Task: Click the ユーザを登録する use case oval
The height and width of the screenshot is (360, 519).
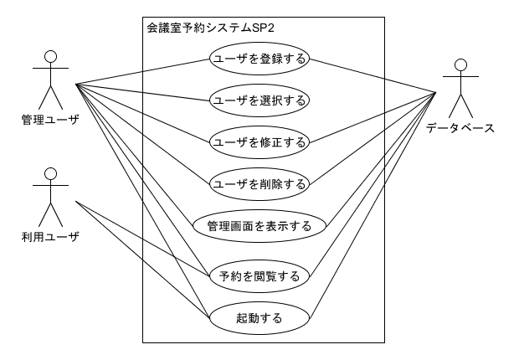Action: [x=259, y=59]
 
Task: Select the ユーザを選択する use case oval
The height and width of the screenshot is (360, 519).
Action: [x=259, y=100]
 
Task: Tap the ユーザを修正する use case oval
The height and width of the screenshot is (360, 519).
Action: [x=259, y=141]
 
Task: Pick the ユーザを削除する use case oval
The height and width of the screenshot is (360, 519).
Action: [x=259, y=182]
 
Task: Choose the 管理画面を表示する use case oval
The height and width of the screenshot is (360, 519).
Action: [x=259, y=225]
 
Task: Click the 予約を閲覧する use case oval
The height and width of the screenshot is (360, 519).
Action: [x=259, y=275]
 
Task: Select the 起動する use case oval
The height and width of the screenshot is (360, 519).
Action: [x=259, y=317]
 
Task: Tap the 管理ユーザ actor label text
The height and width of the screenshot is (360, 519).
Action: [x=50, y=120]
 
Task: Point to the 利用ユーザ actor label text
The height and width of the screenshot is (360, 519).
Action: [x=50, y=237]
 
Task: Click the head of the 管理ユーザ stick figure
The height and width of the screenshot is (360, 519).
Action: [x=50, y=56]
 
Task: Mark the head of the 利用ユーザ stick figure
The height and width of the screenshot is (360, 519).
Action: [x=50, y=174]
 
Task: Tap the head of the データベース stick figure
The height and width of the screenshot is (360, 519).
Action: [x=460, y=65]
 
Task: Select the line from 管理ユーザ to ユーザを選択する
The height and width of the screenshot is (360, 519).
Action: [x=142, y=92]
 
